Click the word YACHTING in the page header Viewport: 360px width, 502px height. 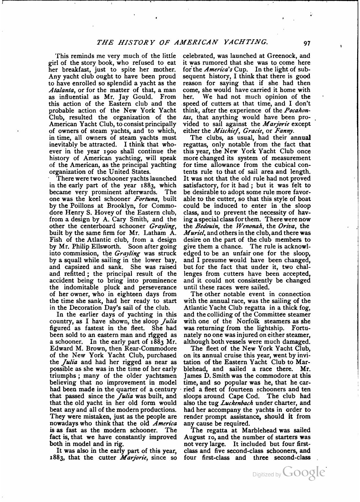point(243,42)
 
